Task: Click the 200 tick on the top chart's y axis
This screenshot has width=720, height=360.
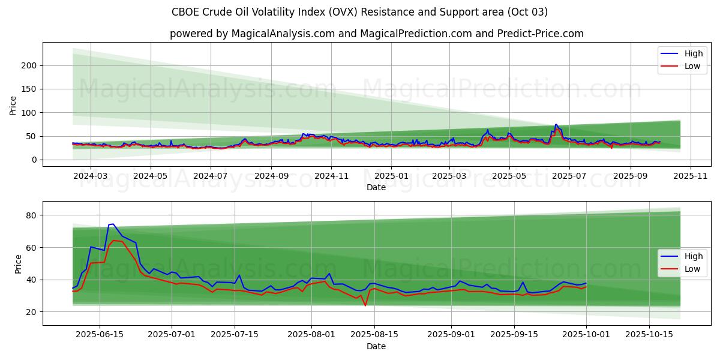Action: tap(30, 65)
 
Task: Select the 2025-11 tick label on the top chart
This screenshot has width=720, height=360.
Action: tap(691, 176)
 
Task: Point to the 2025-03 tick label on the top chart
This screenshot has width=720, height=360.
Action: tap(449, 176)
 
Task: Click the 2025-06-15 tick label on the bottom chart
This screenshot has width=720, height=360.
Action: tap(100, 335)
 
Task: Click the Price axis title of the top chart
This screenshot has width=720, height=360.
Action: tap(13, 106)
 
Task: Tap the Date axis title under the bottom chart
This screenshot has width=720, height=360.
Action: tap(376, 346)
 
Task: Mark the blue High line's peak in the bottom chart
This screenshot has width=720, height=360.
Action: tap(113, 224)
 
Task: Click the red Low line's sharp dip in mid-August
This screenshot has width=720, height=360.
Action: tap(365, 305)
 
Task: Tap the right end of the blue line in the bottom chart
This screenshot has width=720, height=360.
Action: tap(586, 283)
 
